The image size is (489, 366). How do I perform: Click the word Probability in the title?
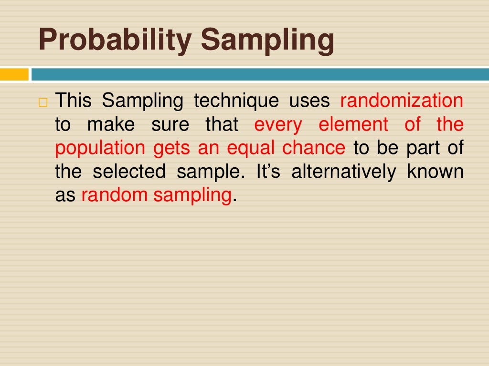click(x=115, y=41)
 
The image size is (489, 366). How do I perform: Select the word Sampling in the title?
click(x=267, y=41)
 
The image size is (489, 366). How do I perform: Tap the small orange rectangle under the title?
click(x=14, y=74)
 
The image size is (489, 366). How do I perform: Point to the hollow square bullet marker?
click(x=43, y=102)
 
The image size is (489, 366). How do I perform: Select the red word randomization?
click(x=402, y=101)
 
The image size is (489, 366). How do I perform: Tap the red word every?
click(x=278, y=124)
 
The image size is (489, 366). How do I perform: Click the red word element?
click(x=353, y=124)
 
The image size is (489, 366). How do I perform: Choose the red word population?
click(x=100, y=148)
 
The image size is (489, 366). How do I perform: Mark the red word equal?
click(x=251, y=148)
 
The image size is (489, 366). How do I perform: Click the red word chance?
click(x=313, y=148)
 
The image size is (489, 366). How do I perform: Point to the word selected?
click(x=129, y=172)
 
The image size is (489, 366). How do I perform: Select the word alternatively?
click(x=343, y=172)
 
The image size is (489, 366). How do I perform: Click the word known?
click(x=435, y=172)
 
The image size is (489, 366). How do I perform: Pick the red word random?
click(x=113, y=195)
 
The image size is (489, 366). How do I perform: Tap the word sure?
click(x=170, y=124)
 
